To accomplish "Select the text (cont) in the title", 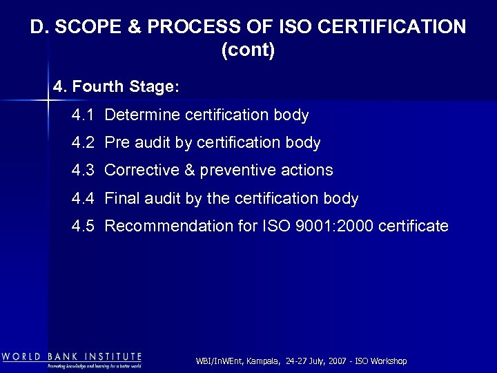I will [x=248, y=51].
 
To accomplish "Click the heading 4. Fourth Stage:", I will [x=116, y=88].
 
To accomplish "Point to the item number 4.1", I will [x=83, y=115].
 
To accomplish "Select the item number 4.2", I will [x=83, y=143].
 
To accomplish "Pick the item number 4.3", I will [x=83, y=171].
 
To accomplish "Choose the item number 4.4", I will [x=83, y=199].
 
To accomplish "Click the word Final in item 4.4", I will [x=121, y=199].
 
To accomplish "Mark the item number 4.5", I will [x=83, y=227].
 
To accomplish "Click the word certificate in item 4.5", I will [x=414, y=227].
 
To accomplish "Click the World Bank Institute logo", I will [x=72, y=360].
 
